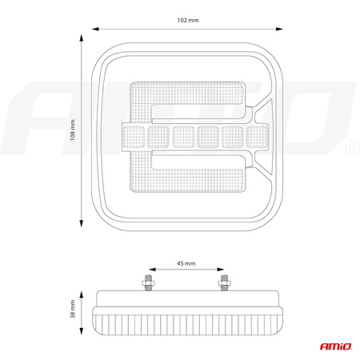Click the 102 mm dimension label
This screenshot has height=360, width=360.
coord(188,20)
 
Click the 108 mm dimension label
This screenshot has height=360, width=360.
coord(73,130)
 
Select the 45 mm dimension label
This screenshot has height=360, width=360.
coord(186,263)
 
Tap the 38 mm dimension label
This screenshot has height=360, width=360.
coord(73,309)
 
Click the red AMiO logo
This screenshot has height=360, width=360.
coord(336,346)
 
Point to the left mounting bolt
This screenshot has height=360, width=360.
coord(148,282)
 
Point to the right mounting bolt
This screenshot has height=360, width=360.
coord(224,282)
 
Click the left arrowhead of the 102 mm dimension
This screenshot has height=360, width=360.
coord(95,29)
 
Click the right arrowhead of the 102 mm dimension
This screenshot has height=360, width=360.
coord(279,29)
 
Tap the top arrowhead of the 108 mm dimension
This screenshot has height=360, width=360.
coord(82,38)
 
